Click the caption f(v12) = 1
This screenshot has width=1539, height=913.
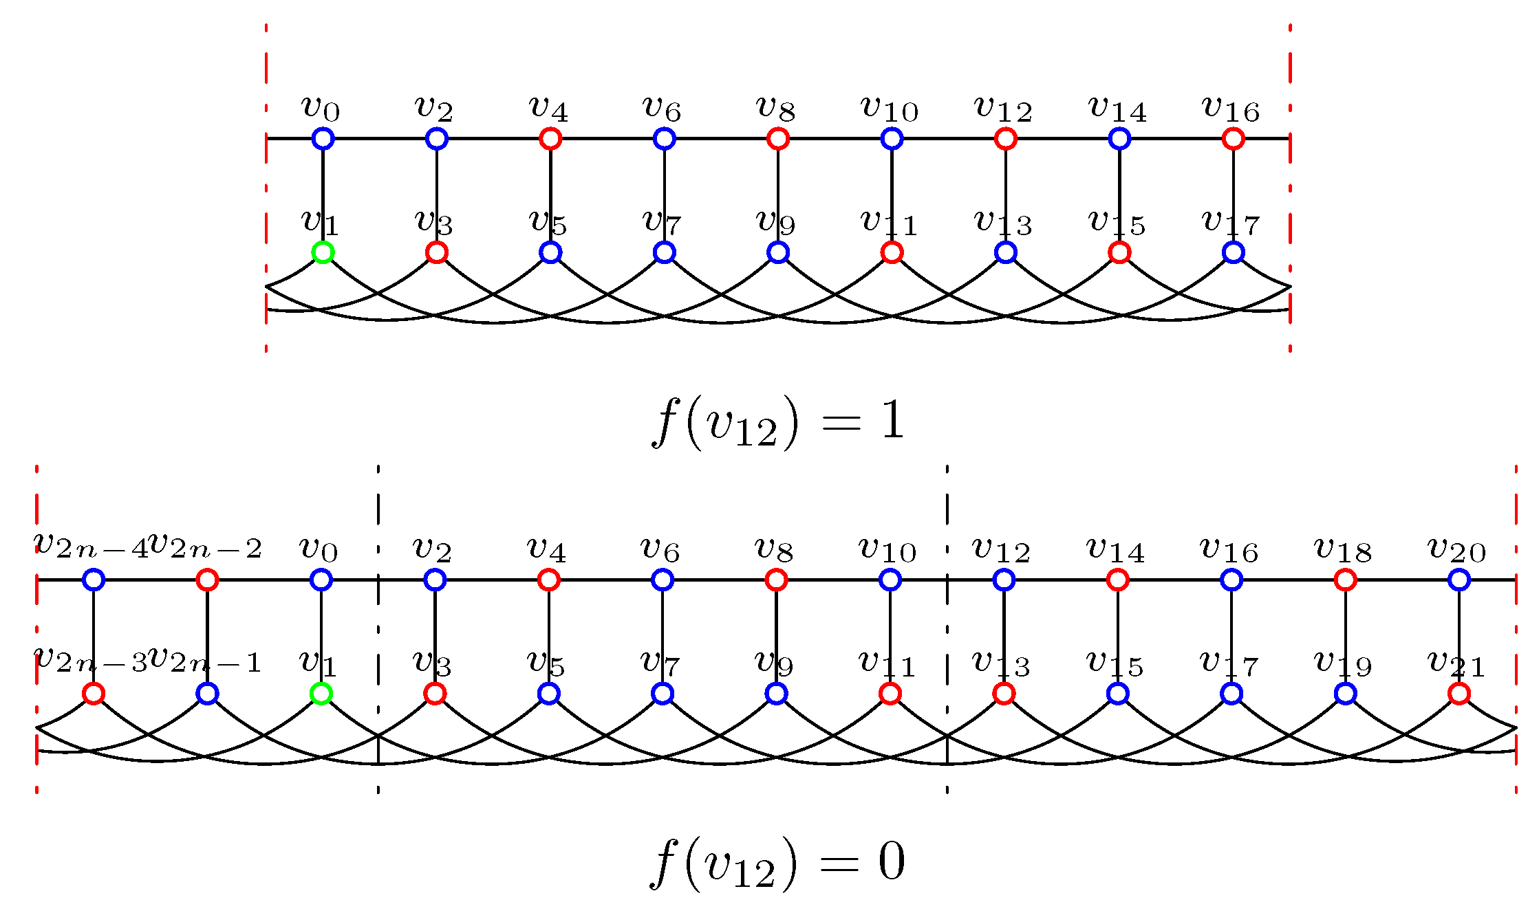coord(777,422)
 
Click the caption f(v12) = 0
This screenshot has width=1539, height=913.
coord(777,863)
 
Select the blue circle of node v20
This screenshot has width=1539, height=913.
coord(1459,580)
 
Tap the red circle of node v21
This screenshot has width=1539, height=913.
coord(1459,694)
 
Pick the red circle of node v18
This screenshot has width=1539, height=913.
coord(1345,580)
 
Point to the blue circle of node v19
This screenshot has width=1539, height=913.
coord(1345,694)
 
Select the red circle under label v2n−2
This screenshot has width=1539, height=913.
coord(207,580)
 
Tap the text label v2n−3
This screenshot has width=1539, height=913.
coord(91,659)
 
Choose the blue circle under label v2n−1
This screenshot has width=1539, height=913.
coord(207,694)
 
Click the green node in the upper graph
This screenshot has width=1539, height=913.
coord(323,252)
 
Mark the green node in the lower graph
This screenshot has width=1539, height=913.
coord(321,694)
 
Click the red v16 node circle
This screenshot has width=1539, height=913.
coord(1233,139)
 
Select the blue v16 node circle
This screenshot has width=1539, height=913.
coord(1231,580)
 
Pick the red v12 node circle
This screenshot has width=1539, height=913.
coord(1005,139)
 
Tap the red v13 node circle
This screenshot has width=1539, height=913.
coord(1003,694)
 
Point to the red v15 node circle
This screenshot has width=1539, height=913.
coord(1119,252)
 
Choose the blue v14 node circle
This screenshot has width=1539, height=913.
coord(1119,139)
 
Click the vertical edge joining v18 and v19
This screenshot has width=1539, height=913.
coord(1345,637)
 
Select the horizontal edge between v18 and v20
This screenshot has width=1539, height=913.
coord(1402,580)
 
